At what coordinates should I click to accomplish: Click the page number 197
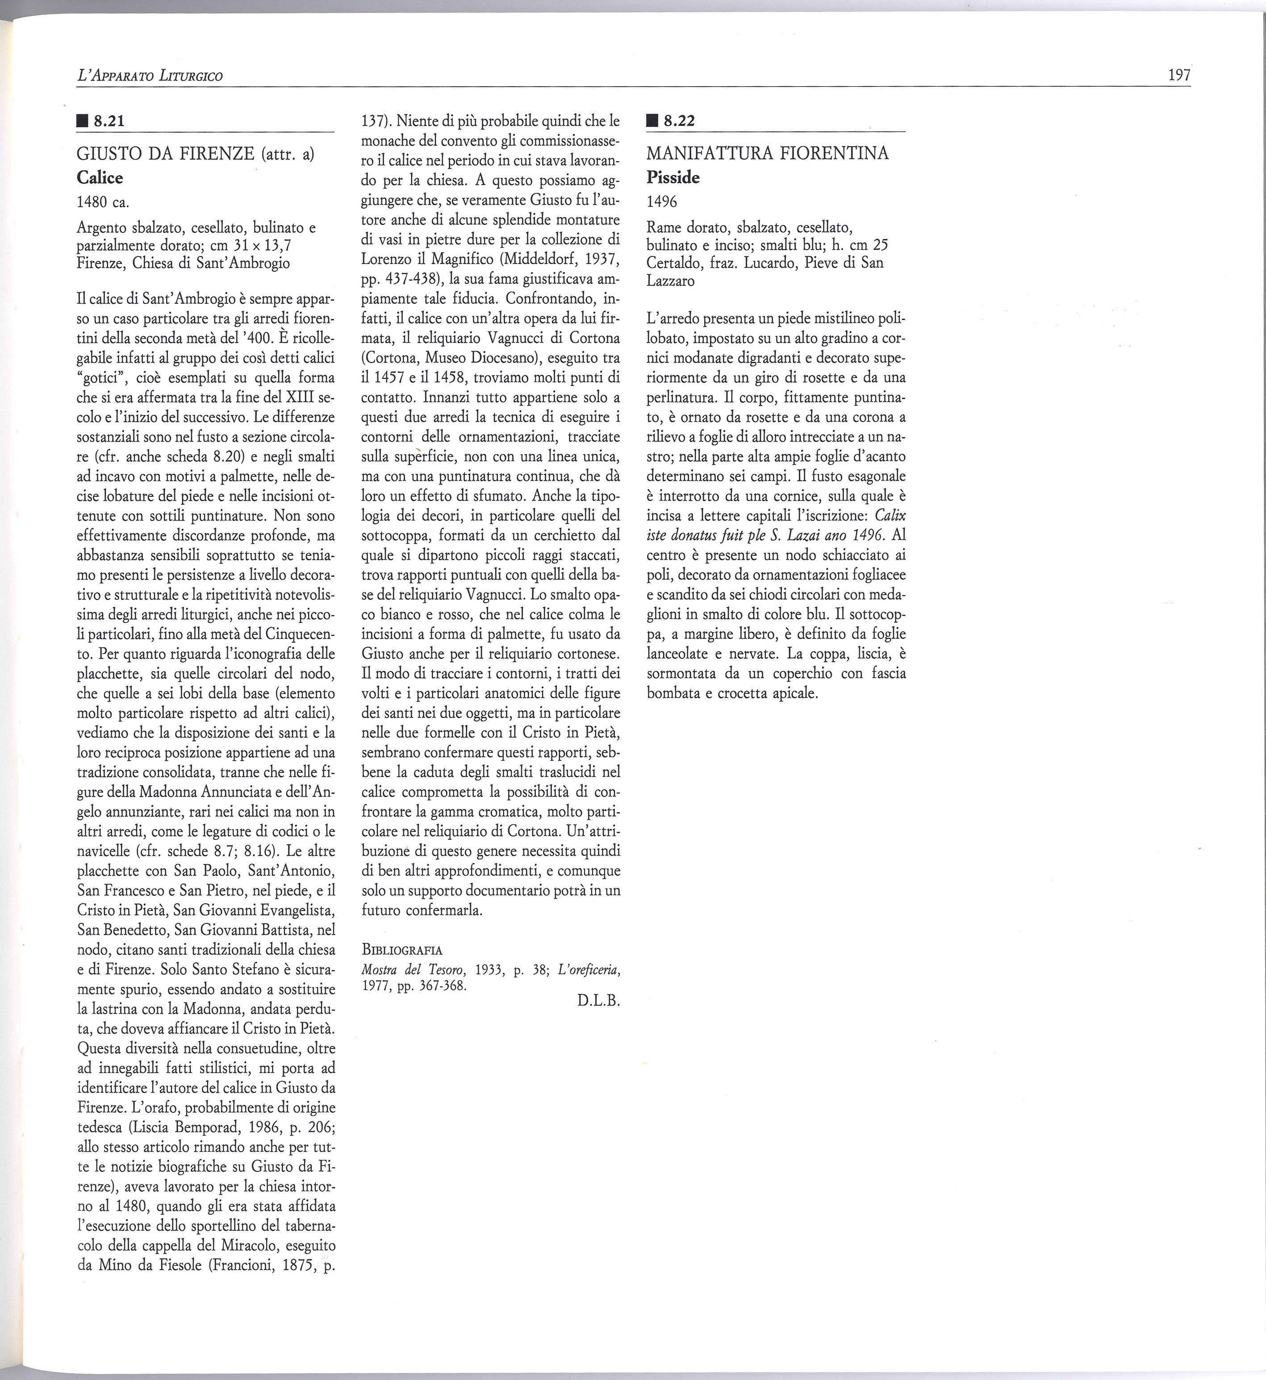tap(1179, 76)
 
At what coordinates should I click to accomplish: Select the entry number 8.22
tap(680, 121)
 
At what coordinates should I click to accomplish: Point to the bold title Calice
tap(100, 178)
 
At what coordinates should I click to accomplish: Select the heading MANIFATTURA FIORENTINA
tap(767, 154)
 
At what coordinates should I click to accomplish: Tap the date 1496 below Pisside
tap(662, 201)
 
